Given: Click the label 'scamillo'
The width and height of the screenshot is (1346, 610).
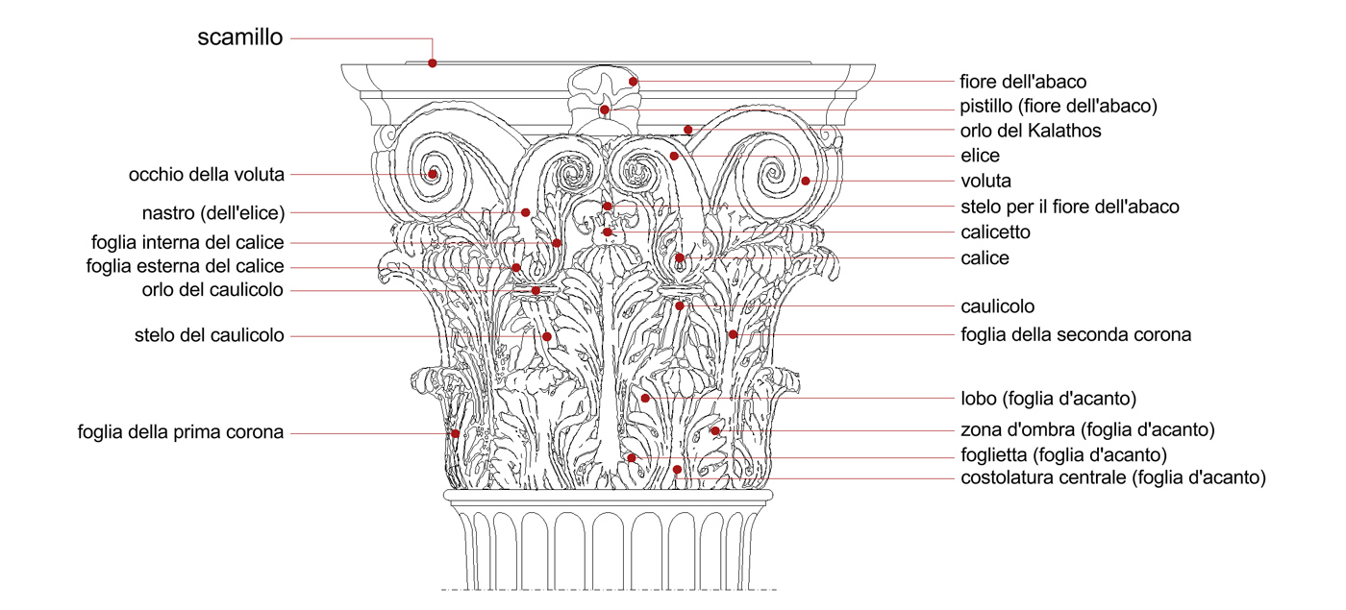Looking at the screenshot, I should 240,38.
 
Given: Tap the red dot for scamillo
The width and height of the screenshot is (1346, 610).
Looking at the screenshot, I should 433,62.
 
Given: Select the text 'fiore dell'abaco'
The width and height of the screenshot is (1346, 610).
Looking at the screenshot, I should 1023,82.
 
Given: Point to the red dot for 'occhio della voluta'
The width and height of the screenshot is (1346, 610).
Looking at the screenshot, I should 434,174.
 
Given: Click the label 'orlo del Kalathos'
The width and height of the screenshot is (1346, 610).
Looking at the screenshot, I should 1031,131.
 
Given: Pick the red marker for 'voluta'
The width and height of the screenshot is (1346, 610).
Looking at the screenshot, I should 806,181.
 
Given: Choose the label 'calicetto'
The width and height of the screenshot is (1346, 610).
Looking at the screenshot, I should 995,232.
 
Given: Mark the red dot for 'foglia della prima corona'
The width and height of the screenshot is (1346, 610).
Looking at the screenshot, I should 455,433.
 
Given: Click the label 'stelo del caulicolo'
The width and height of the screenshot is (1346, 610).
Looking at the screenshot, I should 210,335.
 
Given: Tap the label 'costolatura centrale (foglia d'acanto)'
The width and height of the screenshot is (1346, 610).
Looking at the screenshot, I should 1112,477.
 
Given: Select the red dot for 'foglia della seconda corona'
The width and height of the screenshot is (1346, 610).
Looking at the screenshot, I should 733,334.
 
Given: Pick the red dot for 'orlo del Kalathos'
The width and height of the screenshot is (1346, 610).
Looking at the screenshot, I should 688,129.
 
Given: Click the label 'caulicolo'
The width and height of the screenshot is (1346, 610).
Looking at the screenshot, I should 997,307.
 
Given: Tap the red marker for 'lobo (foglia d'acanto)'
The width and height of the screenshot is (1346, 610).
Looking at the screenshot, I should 646,398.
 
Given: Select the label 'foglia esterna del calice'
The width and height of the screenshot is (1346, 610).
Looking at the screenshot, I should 185,266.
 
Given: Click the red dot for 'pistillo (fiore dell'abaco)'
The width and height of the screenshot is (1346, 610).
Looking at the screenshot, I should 605,110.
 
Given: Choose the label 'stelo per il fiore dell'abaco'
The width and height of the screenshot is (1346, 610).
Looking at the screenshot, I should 1069,207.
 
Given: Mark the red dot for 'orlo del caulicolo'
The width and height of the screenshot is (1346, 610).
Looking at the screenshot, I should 536,289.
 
